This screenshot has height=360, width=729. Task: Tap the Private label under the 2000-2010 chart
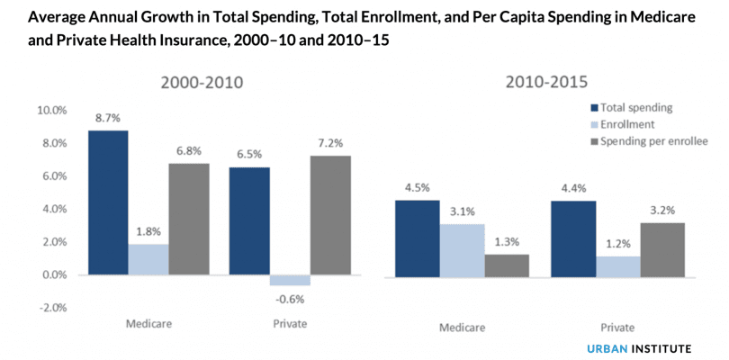289,323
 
